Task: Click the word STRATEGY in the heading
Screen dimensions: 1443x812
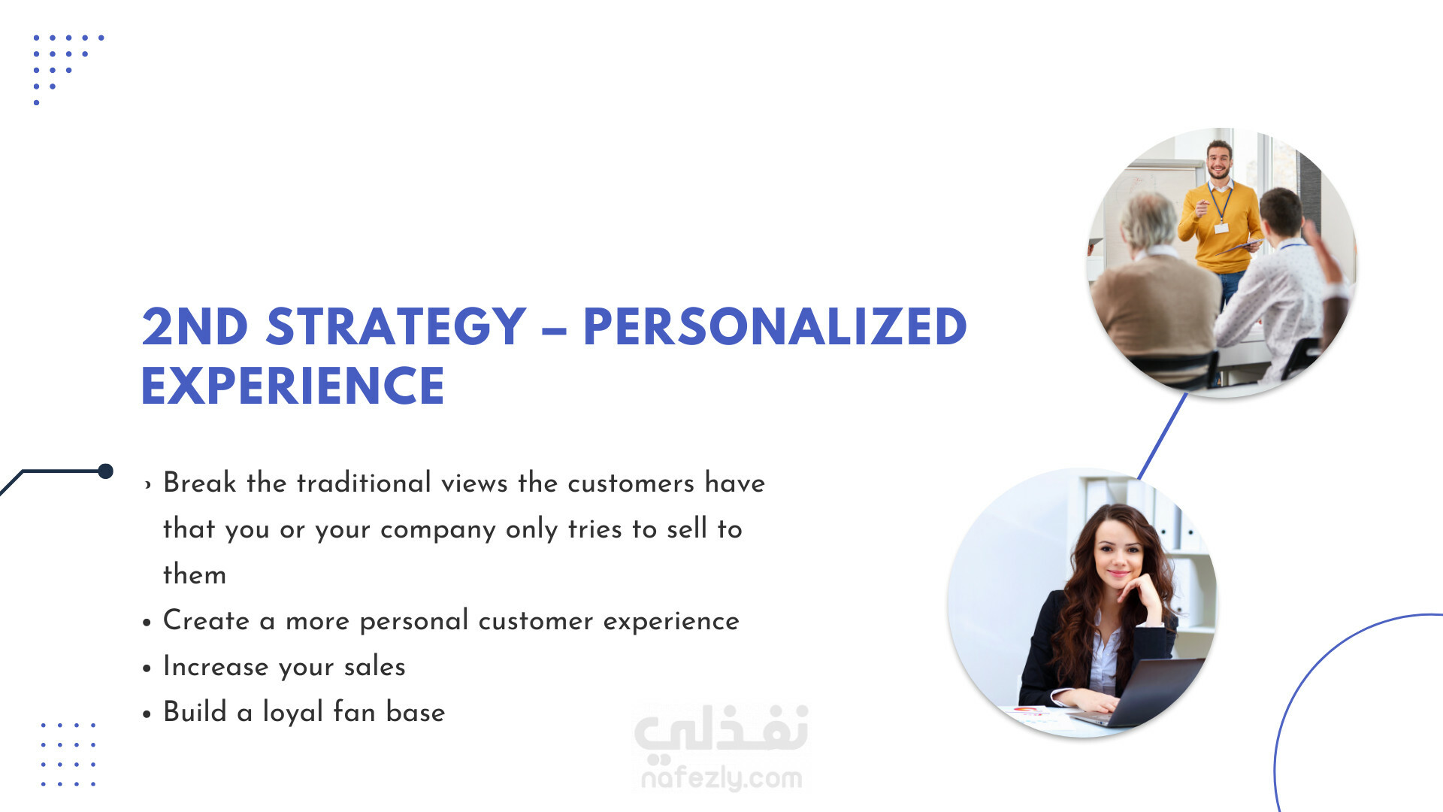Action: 396,327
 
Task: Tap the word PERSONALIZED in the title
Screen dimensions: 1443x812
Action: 775,327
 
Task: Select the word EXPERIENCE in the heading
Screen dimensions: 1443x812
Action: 293,386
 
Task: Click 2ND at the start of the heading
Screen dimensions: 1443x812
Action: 195,327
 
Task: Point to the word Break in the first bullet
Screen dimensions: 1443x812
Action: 200,483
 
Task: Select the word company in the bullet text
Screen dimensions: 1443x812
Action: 438,530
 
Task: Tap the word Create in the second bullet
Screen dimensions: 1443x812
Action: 206,621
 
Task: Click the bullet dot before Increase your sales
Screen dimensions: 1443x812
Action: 147,668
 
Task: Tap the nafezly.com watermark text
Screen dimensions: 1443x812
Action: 721,777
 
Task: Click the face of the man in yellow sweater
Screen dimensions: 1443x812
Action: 1219,159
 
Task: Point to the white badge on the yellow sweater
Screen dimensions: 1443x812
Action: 1221,227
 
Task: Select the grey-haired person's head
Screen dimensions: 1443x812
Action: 1147,222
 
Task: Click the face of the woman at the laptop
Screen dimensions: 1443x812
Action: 1118,557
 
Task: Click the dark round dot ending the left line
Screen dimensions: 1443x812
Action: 106,471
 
